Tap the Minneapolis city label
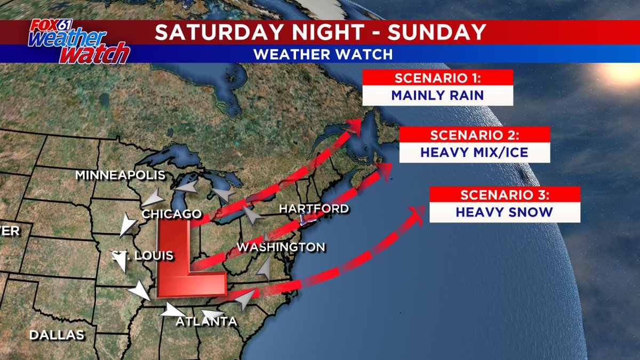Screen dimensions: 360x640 click(120, 175)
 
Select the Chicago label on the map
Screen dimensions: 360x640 click(172, 214)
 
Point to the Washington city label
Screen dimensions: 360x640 click(281, 247)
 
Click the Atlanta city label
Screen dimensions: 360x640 click(207, 322)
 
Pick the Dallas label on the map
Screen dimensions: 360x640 click(57, 335)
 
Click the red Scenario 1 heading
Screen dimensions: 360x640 click(437, 78)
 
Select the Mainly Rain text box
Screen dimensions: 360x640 click(437, 95)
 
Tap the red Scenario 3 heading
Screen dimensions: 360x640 click(505, 194)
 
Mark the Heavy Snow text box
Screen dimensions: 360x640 click(505, 212)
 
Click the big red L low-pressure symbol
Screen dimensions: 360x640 click(184, 261)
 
